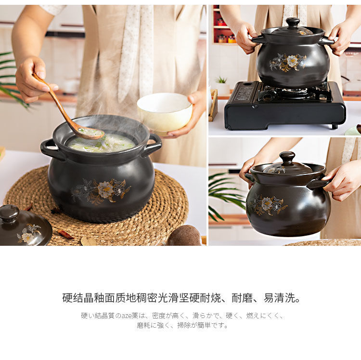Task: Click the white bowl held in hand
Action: tap(165, 112)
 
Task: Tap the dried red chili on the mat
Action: tap(65, 235)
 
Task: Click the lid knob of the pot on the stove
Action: tap(293, 22)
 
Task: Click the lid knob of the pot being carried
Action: tap(287, 158)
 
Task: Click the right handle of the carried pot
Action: tap(318, 184)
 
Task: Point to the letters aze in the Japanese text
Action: tap(126, 316)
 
